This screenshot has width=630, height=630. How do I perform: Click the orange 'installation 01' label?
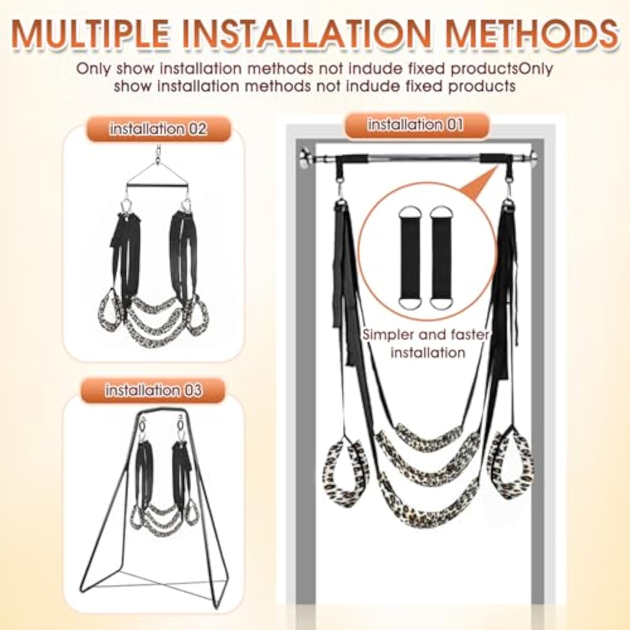415,125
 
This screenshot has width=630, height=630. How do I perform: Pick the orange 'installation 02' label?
158,129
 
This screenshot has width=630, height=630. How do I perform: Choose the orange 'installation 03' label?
153,391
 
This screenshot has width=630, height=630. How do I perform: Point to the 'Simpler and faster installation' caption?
427,344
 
